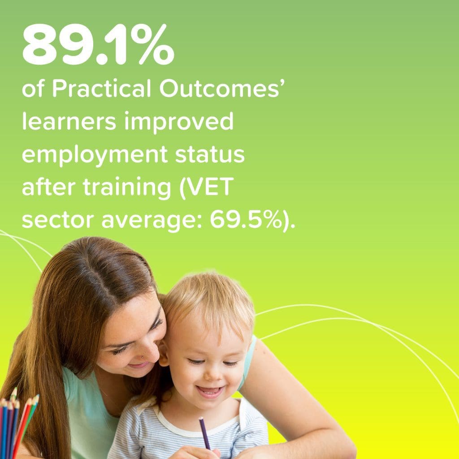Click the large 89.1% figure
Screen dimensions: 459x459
pos(98,44)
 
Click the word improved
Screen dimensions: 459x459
pos(179,122)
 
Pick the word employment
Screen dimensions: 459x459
pos(95,155)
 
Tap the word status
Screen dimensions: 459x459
pos(210,155)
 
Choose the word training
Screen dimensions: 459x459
pos(127,188)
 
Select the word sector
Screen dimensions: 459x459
pos(58,220)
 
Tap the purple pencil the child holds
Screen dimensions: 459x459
pos(204,433)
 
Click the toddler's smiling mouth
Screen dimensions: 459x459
pos(210,391)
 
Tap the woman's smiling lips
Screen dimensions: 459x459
pos(139,365)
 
